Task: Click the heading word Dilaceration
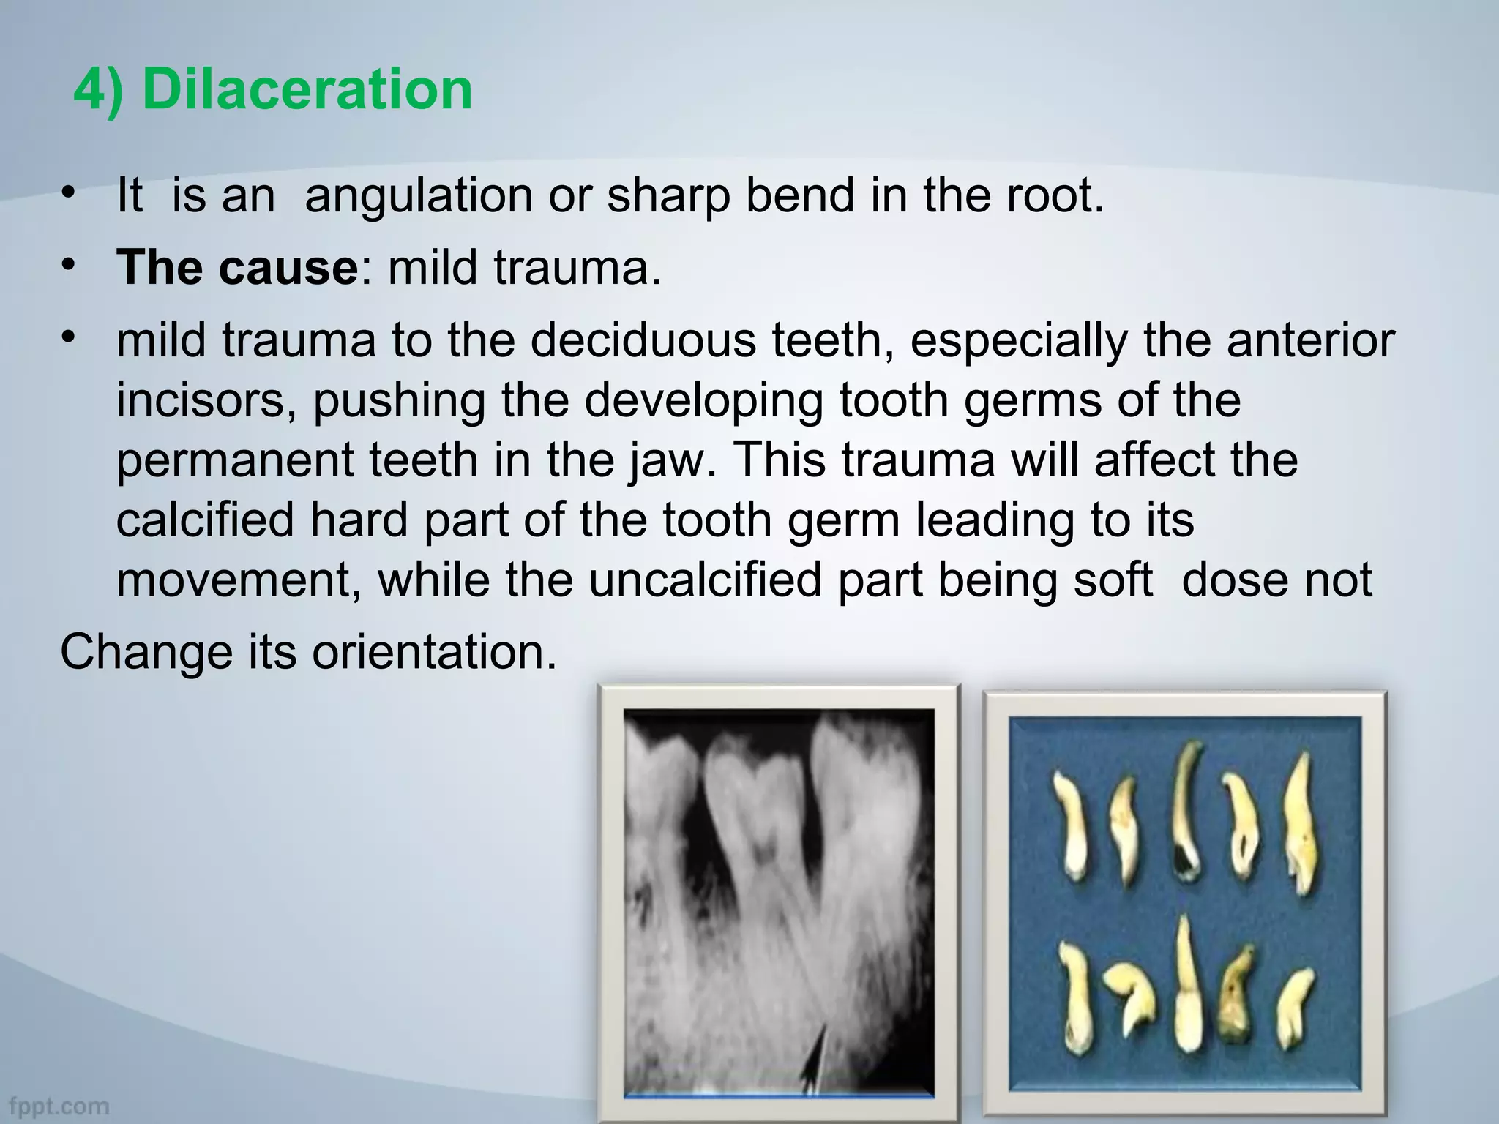[307, 89]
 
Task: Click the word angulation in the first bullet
[418, 196]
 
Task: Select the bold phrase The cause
[236, 267]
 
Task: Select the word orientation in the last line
[434, 651]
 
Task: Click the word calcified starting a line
[205, 520]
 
